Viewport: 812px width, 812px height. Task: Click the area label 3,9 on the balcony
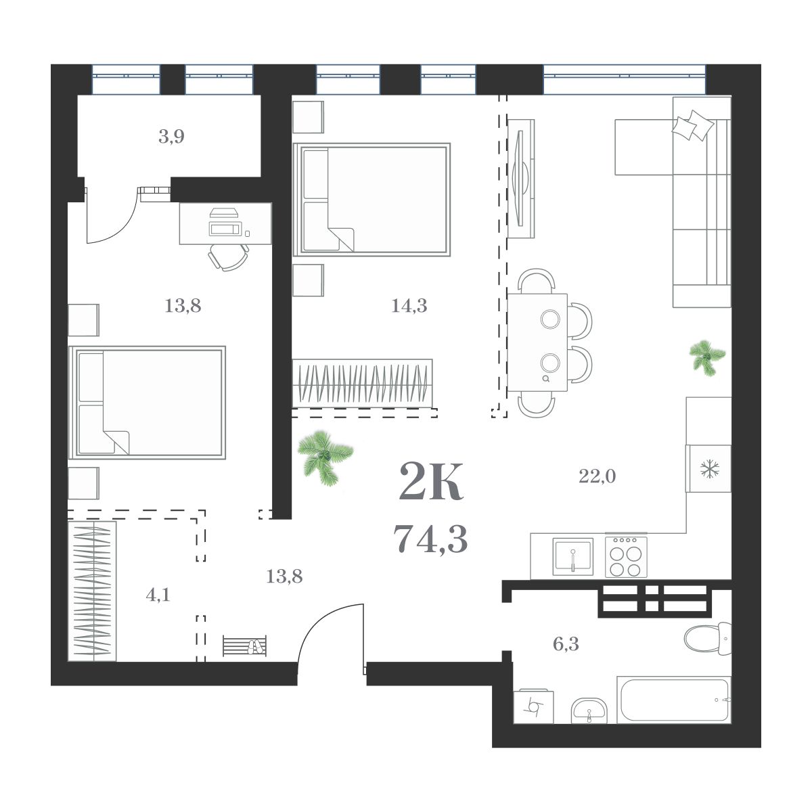click(171, 137)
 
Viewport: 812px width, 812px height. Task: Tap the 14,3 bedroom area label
click(409, 306)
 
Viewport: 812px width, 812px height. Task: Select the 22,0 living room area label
click(597, 477)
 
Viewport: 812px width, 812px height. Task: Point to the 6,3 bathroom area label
click(566, 644)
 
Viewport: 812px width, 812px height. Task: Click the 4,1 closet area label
click(158, 595)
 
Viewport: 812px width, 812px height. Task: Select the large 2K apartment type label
click(431, 482)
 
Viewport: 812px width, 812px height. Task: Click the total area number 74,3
click(430, 539)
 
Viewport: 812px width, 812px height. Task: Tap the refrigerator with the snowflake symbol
click(708, 468)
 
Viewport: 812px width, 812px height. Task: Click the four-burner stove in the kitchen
click(626, 556)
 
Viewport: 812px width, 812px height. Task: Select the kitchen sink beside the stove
click(572, 556)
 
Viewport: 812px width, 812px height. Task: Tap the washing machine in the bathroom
click(533, 706)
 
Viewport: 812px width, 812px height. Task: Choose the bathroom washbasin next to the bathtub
click(589, 710)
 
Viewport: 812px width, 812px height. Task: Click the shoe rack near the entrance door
click(244, 646)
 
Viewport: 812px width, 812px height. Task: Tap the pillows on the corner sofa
click(692, 126)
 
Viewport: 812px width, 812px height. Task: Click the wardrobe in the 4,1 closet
click(92, 591)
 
